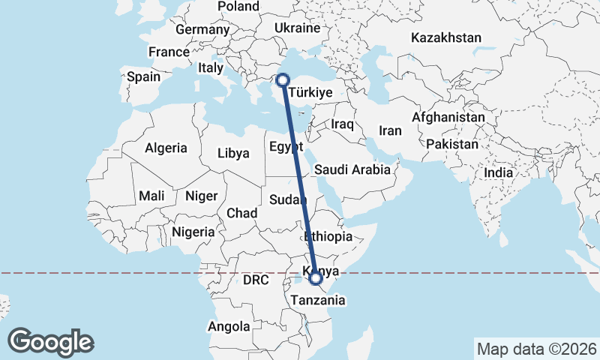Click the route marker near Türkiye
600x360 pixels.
283,79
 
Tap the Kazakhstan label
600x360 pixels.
446,37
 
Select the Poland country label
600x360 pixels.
238,7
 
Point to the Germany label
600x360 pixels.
202,30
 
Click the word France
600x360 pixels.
169,52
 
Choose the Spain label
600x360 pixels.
143,76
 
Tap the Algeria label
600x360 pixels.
166,148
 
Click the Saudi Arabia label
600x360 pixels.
352,169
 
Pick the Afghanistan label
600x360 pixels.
448,118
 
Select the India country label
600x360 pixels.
499,172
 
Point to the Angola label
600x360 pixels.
229,327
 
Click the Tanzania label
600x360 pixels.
319,300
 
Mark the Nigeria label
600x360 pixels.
193,232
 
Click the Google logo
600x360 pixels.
51,341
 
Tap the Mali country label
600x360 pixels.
151,196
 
